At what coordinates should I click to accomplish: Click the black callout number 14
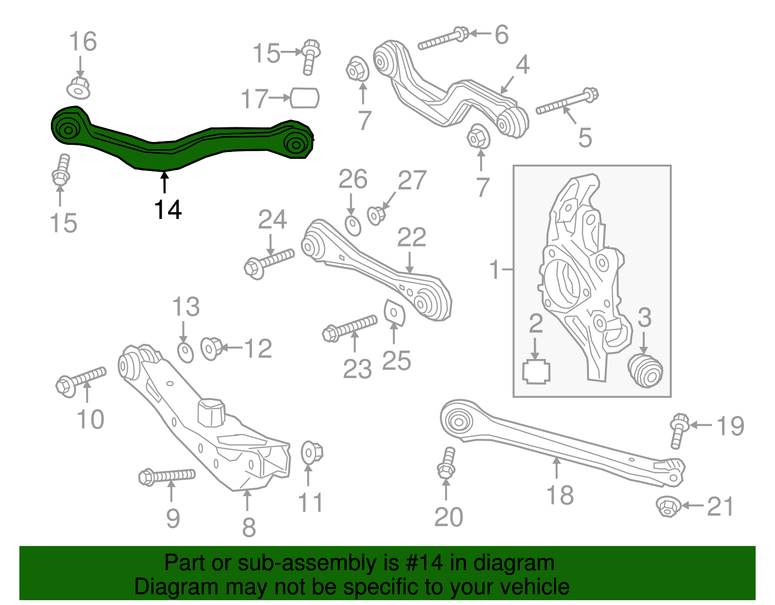(168, 210)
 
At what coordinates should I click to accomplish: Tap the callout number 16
(83, 42)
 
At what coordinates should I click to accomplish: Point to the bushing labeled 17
(305, 98)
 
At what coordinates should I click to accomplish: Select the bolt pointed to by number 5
(567, 102)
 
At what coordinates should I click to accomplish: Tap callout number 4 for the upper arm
(522, 65)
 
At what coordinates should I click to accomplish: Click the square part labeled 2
(536, 372)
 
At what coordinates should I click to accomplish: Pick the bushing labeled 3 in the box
(645, 371)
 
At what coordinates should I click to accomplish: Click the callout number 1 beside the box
(494, 269)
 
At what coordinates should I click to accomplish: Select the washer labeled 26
(353, 225)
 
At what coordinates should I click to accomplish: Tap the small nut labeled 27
(376, 215)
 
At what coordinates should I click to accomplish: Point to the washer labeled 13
(186, 352)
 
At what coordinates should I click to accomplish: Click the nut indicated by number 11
(310, 453)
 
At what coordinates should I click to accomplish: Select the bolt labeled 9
(167, 477)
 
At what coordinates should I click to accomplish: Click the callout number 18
(559, 495)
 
